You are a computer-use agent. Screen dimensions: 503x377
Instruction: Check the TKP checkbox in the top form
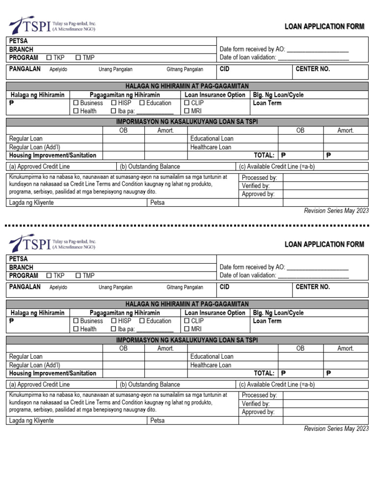pyautogui.click(x=49, y=58)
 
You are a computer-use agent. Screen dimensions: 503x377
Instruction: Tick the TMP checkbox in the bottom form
pyautogui.click(x=78, y=276)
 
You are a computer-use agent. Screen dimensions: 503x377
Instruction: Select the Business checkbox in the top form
pyautogui.click(x=76, y=103)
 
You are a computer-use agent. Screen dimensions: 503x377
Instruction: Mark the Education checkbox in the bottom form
pyautogui.click(x=142, y=321)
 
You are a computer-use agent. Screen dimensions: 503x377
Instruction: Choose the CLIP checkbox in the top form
pyautogui.click(x=187, y=103)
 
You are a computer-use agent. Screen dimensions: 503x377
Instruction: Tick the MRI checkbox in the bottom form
pyautogui.click(x=187, y=330)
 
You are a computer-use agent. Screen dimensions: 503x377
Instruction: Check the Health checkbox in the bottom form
pyautogui.click(x=76, y=330)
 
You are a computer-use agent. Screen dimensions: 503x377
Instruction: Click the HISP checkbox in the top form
pyautogui.click(x=114, y=103)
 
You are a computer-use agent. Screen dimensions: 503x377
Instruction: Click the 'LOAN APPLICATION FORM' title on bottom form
pyautogui.click(x=324, y=245)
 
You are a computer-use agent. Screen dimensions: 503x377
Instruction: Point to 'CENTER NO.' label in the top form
pyautogui.click(x=313, y=69)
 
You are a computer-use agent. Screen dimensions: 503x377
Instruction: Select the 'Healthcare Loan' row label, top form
pyautogui.click(x=211, y=147)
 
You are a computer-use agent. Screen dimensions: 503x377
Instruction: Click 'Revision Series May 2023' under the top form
pyautogui.click(x=336, y=211)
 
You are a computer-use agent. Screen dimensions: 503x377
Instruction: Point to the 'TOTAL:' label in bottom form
pyautogui.click(x=264, y=373)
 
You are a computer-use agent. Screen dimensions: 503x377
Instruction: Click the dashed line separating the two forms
pyautogui.click(x=188, y=225)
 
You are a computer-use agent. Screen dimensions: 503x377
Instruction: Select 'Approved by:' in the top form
pyautogui.click(x=258, y=194)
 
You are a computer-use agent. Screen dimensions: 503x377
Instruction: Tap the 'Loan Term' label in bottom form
pyautogui.click(x=267, y=321)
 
